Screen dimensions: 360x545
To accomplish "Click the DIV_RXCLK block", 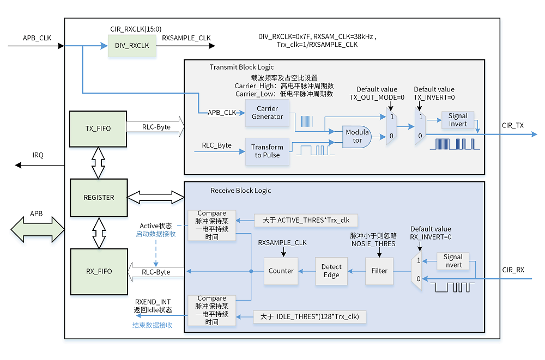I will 132,46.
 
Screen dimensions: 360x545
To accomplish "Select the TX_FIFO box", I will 98,129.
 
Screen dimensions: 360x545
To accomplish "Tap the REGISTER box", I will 98,197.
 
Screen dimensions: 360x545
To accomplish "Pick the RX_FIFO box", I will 98,271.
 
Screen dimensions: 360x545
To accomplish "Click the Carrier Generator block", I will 267,113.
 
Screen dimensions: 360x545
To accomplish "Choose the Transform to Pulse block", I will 267,151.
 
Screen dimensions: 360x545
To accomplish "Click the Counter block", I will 281,271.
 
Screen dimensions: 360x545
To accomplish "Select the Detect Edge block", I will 331,271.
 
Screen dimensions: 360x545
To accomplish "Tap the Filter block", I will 379,271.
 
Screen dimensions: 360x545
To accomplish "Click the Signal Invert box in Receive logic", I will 453,261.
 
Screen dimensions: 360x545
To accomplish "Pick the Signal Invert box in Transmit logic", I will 458,120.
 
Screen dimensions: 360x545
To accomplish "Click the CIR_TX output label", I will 512,125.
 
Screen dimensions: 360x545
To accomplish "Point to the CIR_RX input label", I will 513,270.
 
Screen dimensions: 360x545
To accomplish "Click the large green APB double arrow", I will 37,228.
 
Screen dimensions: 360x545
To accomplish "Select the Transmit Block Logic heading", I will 242,67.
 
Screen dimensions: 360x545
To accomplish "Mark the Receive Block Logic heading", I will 240,191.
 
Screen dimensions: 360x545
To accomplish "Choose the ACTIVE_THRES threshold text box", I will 306,220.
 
